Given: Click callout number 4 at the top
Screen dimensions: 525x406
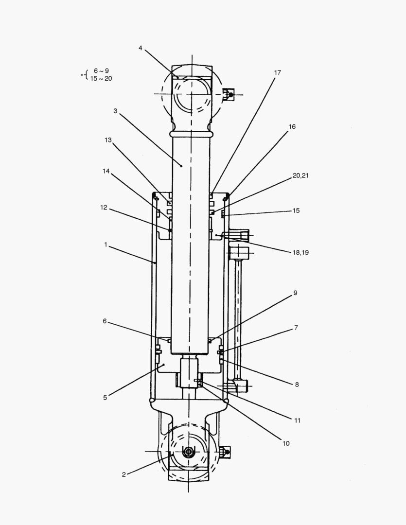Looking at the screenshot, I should (140, 48).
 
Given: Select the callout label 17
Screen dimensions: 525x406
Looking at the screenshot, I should (277, 72).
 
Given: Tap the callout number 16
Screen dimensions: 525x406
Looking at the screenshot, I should (292, 126).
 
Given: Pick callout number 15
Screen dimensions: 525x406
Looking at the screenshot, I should (296, 211).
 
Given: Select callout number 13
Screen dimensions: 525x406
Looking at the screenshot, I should (108, 140).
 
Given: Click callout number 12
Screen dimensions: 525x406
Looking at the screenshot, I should (103, 208).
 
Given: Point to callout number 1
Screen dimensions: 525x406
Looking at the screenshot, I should (106, 245).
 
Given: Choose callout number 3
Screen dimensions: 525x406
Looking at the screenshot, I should (115, 111).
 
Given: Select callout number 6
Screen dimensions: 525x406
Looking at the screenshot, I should (105, 321).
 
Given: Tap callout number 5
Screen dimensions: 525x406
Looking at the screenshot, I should (105, 397).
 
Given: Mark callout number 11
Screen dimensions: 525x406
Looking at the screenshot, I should (297, 420).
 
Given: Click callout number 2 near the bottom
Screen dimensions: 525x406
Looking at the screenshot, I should (124, 474).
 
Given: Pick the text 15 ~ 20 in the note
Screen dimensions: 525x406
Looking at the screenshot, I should (101, 78).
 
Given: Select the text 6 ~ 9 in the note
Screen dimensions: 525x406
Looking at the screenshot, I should (101, 71).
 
